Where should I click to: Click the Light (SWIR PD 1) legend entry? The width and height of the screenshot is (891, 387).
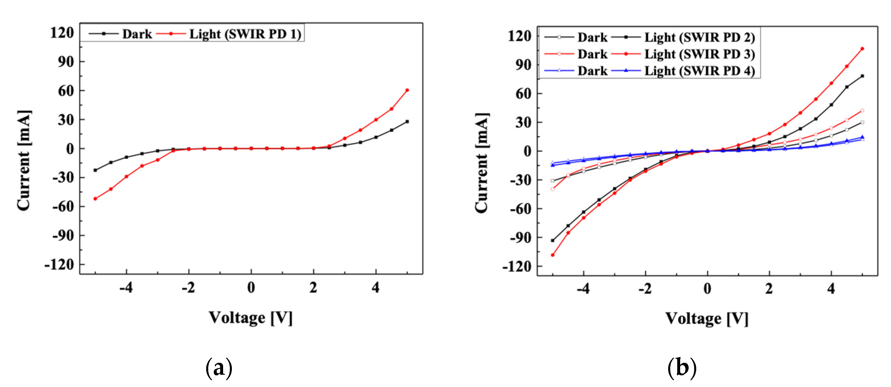point(245,34)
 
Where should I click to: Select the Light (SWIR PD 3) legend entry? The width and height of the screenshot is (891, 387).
point(699,54)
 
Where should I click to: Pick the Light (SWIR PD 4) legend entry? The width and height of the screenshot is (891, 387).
point(699,71)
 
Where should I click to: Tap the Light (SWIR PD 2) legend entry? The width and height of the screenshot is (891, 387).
point(699,37)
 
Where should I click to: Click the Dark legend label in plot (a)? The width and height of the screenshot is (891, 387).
point(137,34)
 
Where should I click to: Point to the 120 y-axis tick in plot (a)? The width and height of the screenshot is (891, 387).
point(62,33)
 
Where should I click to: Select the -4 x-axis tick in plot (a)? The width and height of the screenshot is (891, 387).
point(126,288)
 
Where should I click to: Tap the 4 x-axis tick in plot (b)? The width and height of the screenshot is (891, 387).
point(831,288)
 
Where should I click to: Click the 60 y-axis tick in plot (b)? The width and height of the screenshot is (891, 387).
point(523,94)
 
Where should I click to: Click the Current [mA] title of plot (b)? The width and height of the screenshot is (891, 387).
point(482,162)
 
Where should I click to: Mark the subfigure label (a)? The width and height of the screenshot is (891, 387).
point(219,368)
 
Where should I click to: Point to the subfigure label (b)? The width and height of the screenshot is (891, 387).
point(682,368)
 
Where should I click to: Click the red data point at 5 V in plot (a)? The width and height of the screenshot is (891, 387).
point(407,90)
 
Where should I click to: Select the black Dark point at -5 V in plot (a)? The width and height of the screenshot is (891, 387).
point(95,170)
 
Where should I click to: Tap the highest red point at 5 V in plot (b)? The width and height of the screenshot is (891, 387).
point(862,49)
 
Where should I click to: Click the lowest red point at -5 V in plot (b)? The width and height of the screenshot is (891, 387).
point(553,255)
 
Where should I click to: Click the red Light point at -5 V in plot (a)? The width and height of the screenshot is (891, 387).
point(95,199)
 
